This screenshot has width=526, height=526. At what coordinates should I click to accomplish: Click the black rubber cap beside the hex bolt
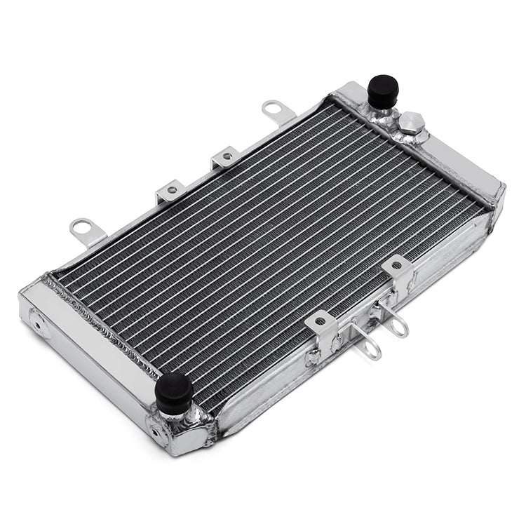click(x=383, y=90)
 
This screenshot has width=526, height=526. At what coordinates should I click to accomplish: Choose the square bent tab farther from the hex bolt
click(x=170, y=190)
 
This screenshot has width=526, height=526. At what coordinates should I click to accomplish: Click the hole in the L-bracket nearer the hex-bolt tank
click(x=397, y=267)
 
